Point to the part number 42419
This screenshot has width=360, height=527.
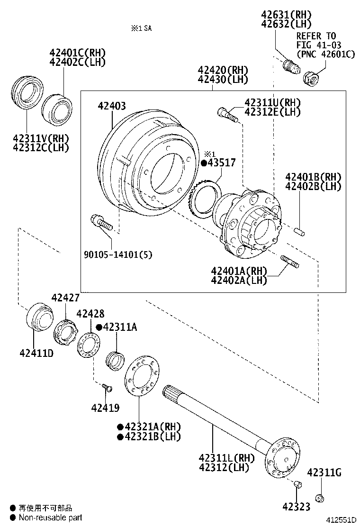pos(105,408)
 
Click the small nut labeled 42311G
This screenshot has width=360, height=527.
pos(319,497)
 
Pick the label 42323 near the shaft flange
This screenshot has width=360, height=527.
pos(297,507)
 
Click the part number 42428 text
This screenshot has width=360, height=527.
pos(90,313)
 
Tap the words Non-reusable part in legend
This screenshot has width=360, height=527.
pos(50,518)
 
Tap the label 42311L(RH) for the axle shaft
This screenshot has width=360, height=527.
pos(226,458)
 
